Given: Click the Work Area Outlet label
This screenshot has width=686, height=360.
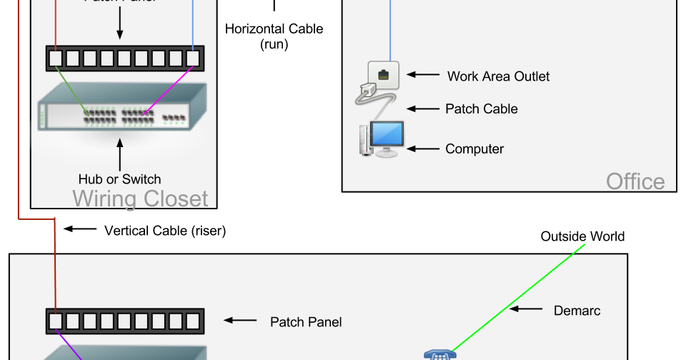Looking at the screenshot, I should point(498,76).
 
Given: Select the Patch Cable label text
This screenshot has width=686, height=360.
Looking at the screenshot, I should point(481,109).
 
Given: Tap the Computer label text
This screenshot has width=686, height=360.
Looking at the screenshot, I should point(474,149).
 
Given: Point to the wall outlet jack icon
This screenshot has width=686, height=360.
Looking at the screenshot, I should point(383,74).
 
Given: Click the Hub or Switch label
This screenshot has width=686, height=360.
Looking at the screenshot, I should point(119,179).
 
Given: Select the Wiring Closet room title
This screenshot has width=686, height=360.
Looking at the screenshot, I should point(140,198).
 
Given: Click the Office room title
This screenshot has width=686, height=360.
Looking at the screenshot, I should point(635,181).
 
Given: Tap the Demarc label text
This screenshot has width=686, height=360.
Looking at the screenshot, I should point(577,311).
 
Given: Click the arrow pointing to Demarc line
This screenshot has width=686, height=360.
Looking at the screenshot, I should point(527,310).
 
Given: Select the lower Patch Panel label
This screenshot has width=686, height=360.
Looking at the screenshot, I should point(306,322).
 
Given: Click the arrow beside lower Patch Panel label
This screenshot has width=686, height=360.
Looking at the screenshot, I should point(240,321).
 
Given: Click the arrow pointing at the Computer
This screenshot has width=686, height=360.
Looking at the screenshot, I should point(422,149).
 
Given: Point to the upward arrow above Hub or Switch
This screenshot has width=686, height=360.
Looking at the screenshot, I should point(119,154).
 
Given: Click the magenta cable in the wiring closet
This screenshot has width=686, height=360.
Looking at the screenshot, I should point(168,91).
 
